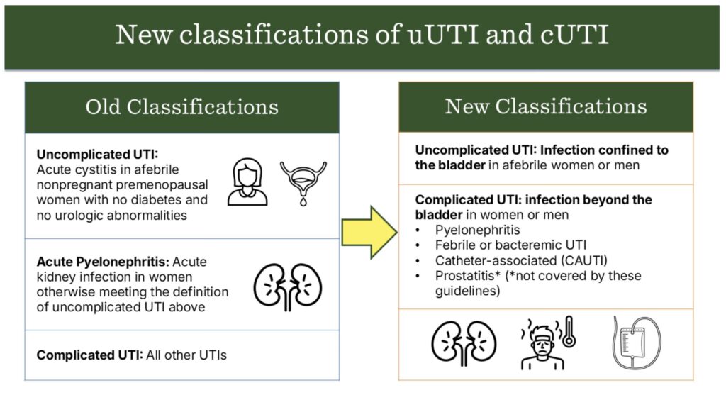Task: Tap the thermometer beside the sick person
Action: (569, 333)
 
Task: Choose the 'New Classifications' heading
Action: (545, 106)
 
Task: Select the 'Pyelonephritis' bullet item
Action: (478, 230)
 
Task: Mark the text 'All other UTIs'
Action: (186, 354)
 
